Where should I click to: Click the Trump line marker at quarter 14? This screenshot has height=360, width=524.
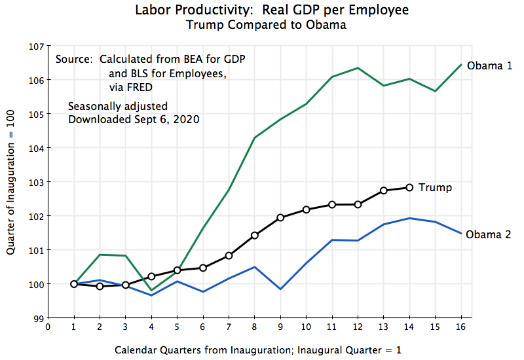click(x=409, y=187)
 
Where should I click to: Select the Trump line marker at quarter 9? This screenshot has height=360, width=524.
click(x=280, y=217)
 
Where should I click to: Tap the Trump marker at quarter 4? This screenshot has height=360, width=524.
click(x=151, y=276)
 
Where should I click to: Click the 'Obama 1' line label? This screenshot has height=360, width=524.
click(x=489, y=65)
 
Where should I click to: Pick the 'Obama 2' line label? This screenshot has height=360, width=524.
click(x=488, y=234)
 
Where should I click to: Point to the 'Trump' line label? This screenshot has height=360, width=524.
click(x=435, y=187)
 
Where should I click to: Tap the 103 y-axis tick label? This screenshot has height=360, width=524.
click(x=35, y=182)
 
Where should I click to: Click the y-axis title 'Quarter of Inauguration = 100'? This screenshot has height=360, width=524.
click(x=11, y=182)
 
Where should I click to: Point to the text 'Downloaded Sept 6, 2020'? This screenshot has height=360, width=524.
click(x=134, y=119)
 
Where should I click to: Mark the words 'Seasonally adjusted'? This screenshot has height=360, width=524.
click(x=118, y=106)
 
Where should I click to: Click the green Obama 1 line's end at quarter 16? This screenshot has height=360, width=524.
click(x=460, y=65)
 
